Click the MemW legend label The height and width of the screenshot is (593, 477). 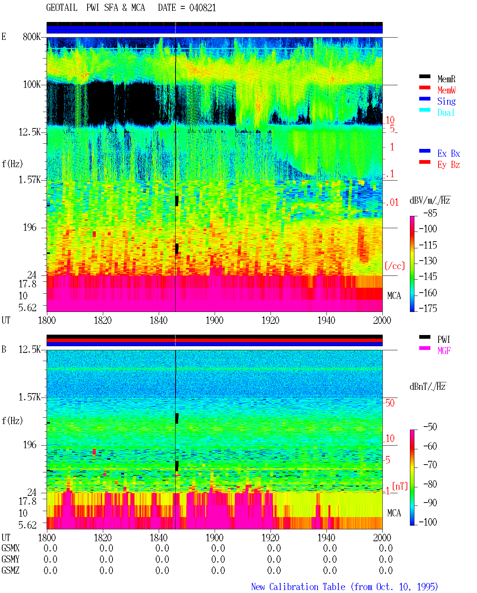[x=446, y=90]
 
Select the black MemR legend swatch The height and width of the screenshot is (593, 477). [x=424, y=76]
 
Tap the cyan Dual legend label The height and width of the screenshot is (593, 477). [x=446, y=112]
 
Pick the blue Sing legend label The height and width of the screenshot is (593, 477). [x=446, y=101]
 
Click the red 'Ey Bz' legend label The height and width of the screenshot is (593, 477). [x=448, y=165]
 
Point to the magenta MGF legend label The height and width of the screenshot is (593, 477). [x=444, y=351]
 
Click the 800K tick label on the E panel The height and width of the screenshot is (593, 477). [x=31, y=36]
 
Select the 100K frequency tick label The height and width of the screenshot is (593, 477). [x=31, y=85]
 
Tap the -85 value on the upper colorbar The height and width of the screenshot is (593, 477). [x=430, y=213]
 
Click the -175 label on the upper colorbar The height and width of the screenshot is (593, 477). [x=428, y=308]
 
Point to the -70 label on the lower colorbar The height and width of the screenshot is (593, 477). [x=430, y=465]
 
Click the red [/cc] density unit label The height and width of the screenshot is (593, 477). [x=395, y=266]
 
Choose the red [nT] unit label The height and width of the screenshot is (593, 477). [x=400, y=486]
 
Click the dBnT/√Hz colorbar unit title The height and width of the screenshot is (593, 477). [x=427, y=387]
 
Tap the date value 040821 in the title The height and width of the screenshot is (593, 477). [x=202, y=8]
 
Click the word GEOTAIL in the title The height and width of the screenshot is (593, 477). [x=61, y=8]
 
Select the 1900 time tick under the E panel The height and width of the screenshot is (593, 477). [x=214, y=321]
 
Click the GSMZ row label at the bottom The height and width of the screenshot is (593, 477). [x=10, y=570]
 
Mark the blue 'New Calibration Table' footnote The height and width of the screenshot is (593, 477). [x=298, y=587]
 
